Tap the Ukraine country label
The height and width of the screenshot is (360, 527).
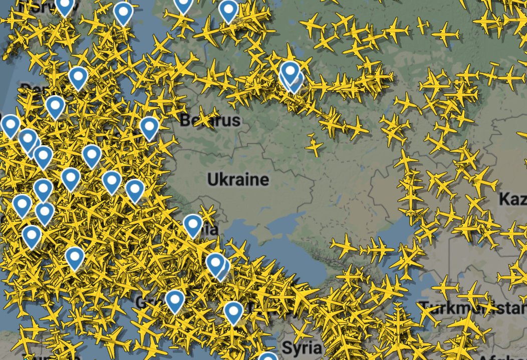pos(238,179)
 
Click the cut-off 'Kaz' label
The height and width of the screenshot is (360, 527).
pos(512,199)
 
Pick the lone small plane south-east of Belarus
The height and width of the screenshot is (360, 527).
pos(314,145)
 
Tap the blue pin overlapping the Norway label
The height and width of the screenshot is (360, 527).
pos(64,6)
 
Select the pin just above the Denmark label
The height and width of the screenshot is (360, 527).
pos(78,77)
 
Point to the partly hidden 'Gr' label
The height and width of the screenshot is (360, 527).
pos(143,303)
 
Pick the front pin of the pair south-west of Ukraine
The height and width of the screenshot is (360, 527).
pos(215,263)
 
